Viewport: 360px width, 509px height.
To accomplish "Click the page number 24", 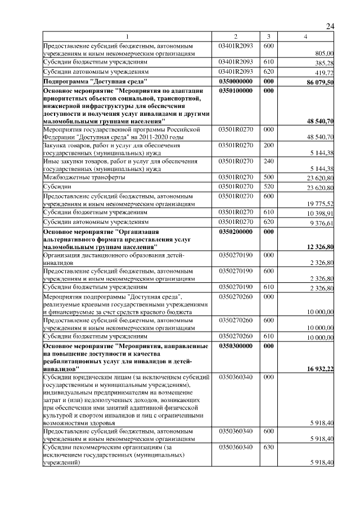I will pos(330,26).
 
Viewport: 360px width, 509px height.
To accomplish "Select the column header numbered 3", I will pos(268,37).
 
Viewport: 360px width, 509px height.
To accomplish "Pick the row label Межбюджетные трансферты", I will pos(84,177).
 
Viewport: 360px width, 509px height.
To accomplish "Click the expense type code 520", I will pos(268,186).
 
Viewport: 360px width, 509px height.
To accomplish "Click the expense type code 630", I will pos(268,447).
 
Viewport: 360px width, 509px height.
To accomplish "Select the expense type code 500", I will pos(268,177).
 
